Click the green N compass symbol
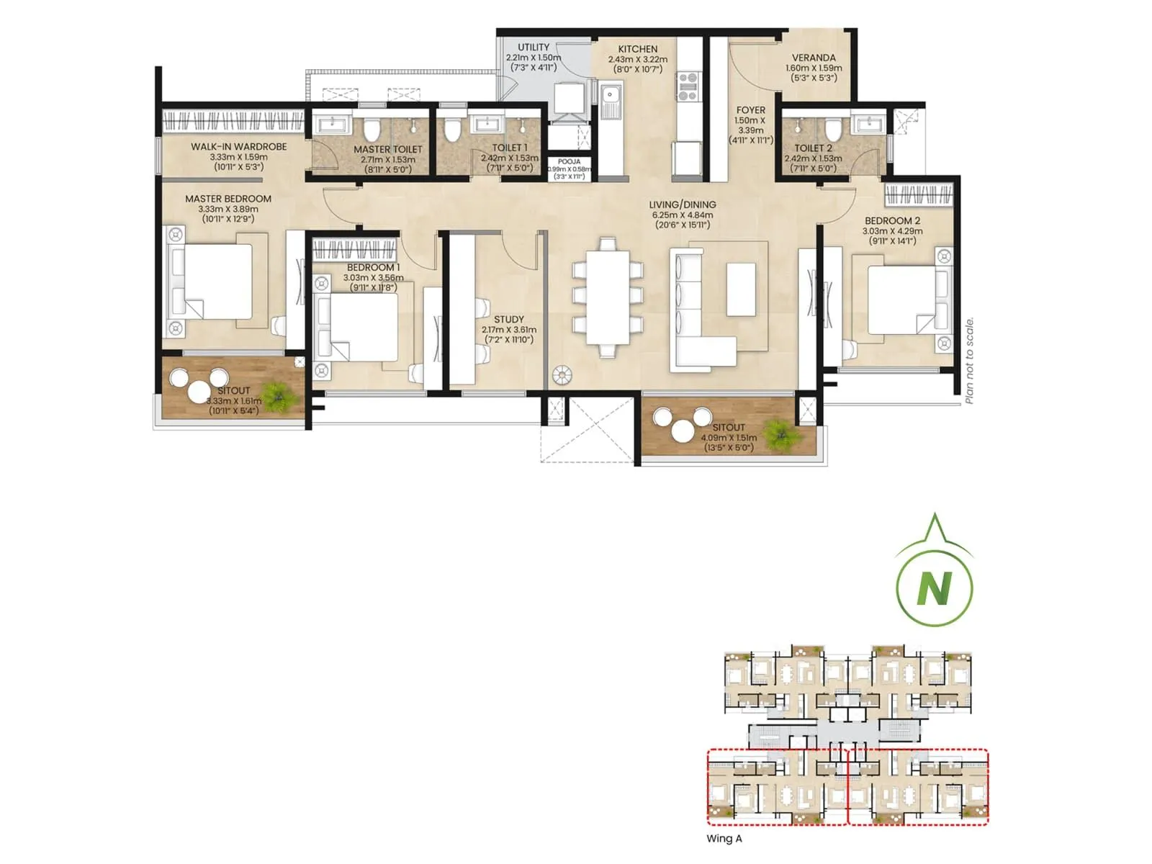pyautogui.click(x=934, y=587)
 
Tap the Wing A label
pyautogui.click(x=724, y=838)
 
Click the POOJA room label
pyautogui.click(x=569, y=162)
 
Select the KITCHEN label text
pyautogui.click(x=637, y=49)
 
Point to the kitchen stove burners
pyautogui.click(x=688, y=86)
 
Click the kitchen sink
pyautogui.click(x=611, y=94)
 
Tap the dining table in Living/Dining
pyautogui.click(x=607, y=298)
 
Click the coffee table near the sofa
pyautogui.click(x=741, y=289)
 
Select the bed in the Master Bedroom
pyautogui.click(x=216, y=282)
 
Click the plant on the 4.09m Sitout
pyautogui.click(x=778, y=433)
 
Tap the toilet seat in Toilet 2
pyautogui.click(x=833, y=130)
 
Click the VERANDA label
pyautogui.click(x=814, y=58)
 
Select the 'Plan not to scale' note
pyautogui.click(x=969, y=360)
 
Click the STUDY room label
pyautogui.click(x=508, y=319)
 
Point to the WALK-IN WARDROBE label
pyautogui.click(x=238, y=146)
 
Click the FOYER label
pyautogui.click(x=750, y=110)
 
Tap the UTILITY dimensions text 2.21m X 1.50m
pyautogui.click(x=533, y=58)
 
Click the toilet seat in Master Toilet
pyautogui.click(x=372, y=130)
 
